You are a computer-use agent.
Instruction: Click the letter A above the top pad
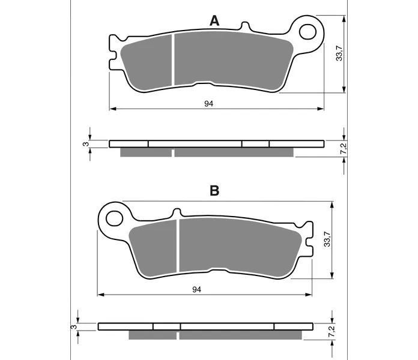(x=214, y=21)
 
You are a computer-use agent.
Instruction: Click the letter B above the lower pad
(x=214, y=191)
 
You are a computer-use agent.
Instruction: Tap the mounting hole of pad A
(x=307, y=32)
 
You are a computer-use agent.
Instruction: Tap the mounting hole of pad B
(x=114, y=218)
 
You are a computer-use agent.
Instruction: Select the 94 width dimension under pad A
(x=209, y=104)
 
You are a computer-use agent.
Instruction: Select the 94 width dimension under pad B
(x=197, y=289)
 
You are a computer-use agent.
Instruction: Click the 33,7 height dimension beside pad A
(x=339, y=53)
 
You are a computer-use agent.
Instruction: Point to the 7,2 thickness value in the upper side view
(x=344, y=148)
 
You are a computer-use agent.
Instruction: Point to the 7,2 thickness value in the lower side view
(x=332, y=331)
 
